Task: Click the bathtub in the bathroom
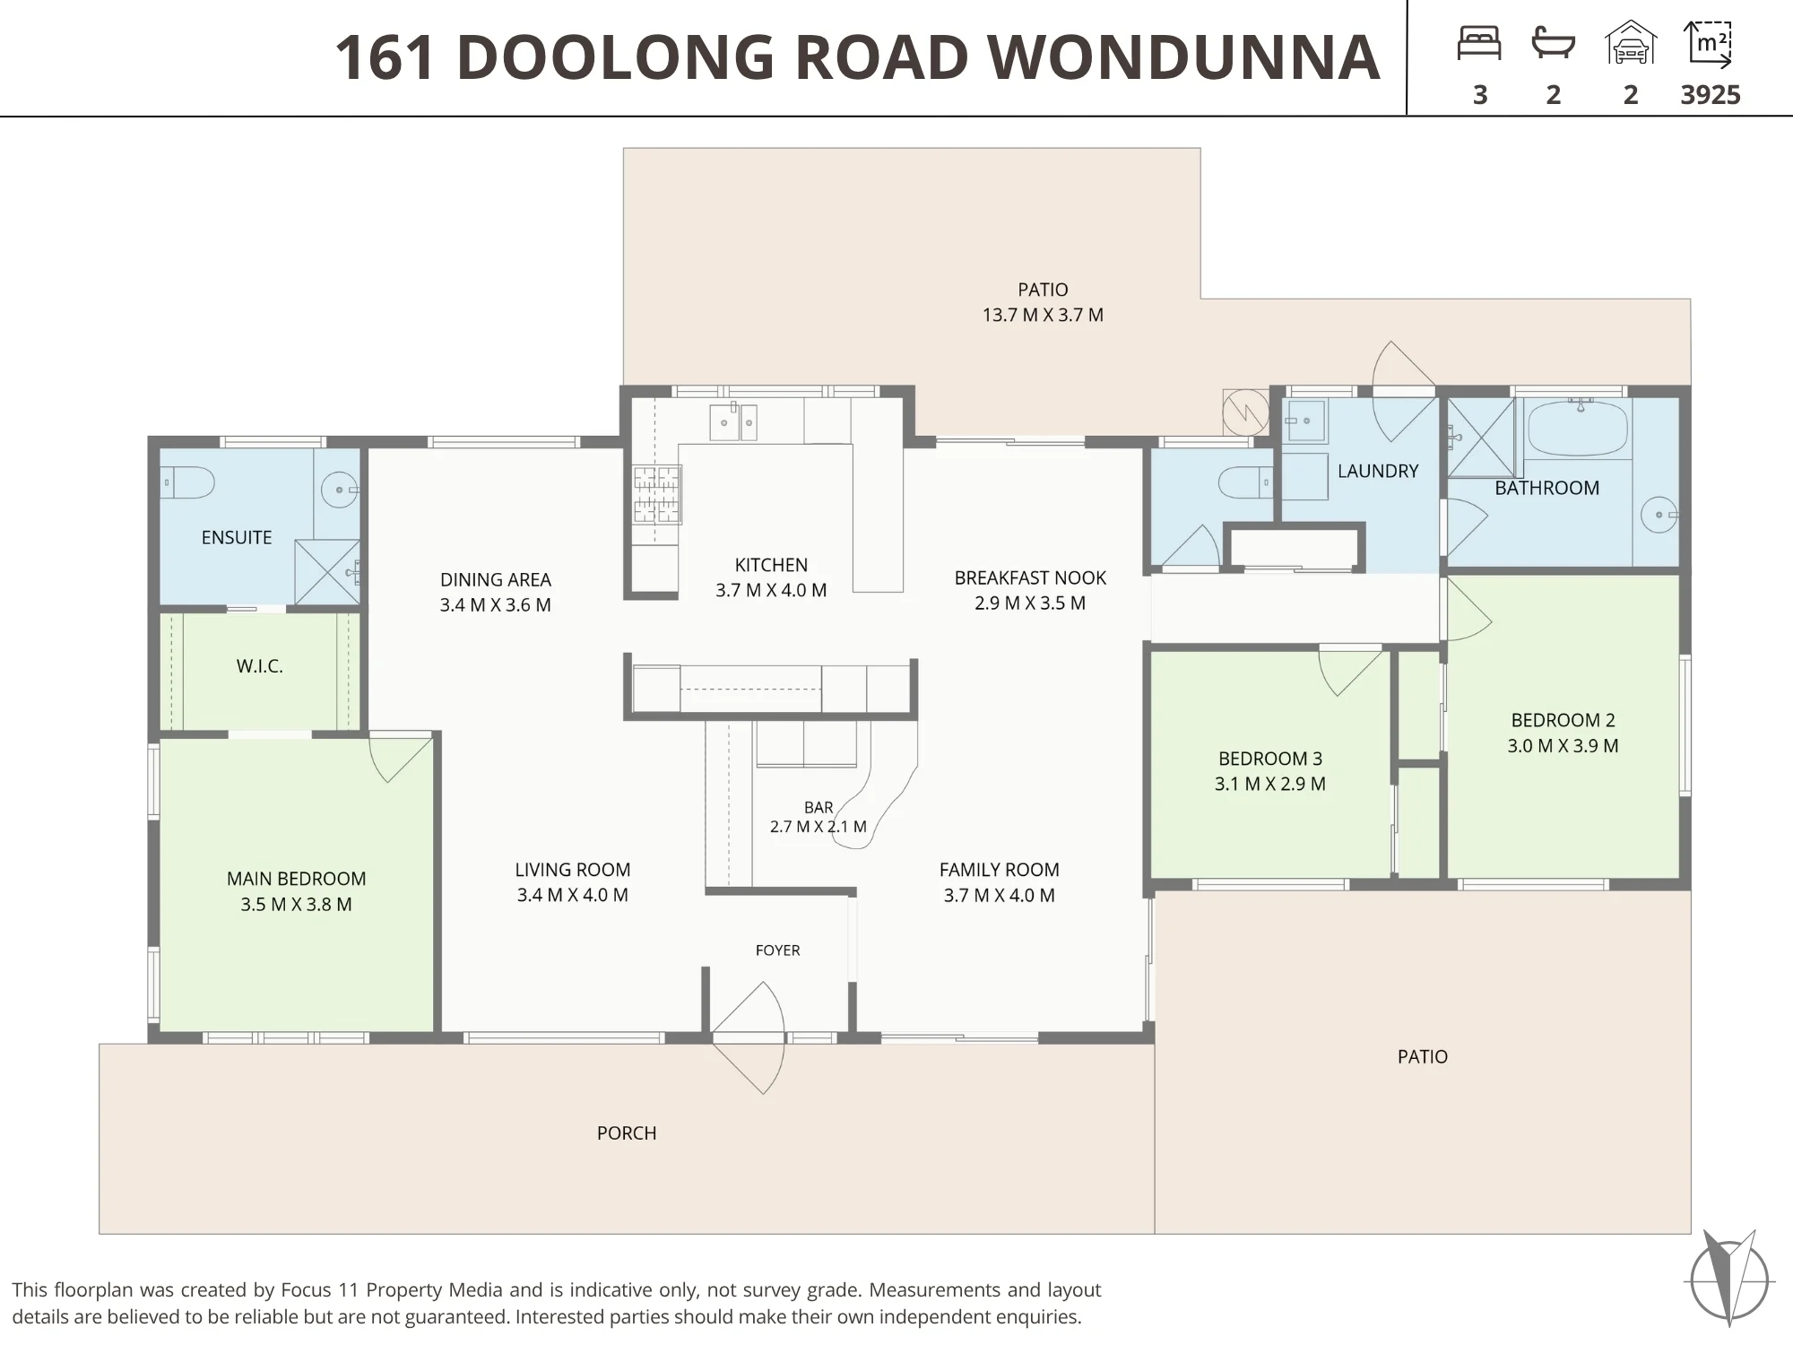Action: (x=1577, y=429)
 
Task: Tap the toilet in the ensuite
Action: (x=188, y=483)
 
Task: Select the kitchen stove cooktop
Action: (x=657, y=494)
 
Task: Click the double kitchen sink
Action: (x=733, y=421)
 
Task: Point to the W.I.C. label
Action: (x=260, y=666)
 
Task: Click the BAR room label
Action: (x=819, y=808)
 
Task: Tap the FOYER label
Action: (x=777, y=950)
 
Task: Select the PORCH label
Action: (x=627, y=1133)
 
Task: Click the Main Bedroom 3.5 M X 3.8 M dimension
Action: (x=296, y=905)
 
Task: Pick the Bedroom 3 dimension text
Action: (x=1269, y=784)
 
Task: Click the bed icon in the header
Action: (x=1479, y=43)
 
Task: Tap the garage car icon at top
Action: (x=1631, y=43)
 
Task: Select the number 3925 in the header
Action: (x=1711, y=95)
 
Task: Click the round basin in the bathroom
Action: (x=1659, y=515)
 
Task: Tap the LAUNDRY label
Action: (x=1378, y=471)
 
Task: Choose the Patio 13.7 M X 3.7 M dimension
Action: (x=1043, y=316)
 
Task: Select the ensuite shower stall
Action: (x=327, y=571)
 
